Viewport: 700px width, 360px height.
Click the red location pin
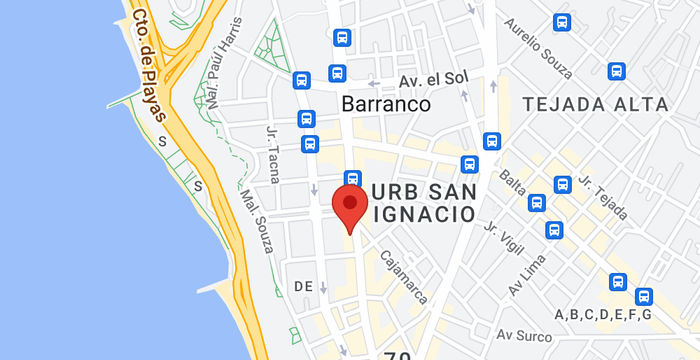(x=349, y=206)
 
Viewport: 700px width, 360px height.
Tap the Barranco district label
(x=385, y=104)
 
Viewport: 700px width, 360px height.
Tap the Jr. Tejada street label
(x=602, y=197)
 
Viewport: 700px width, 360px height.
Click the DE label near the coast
(x=303, y=287)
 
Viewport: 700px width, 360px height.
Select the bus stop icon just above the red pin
(x=352, y=178)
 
